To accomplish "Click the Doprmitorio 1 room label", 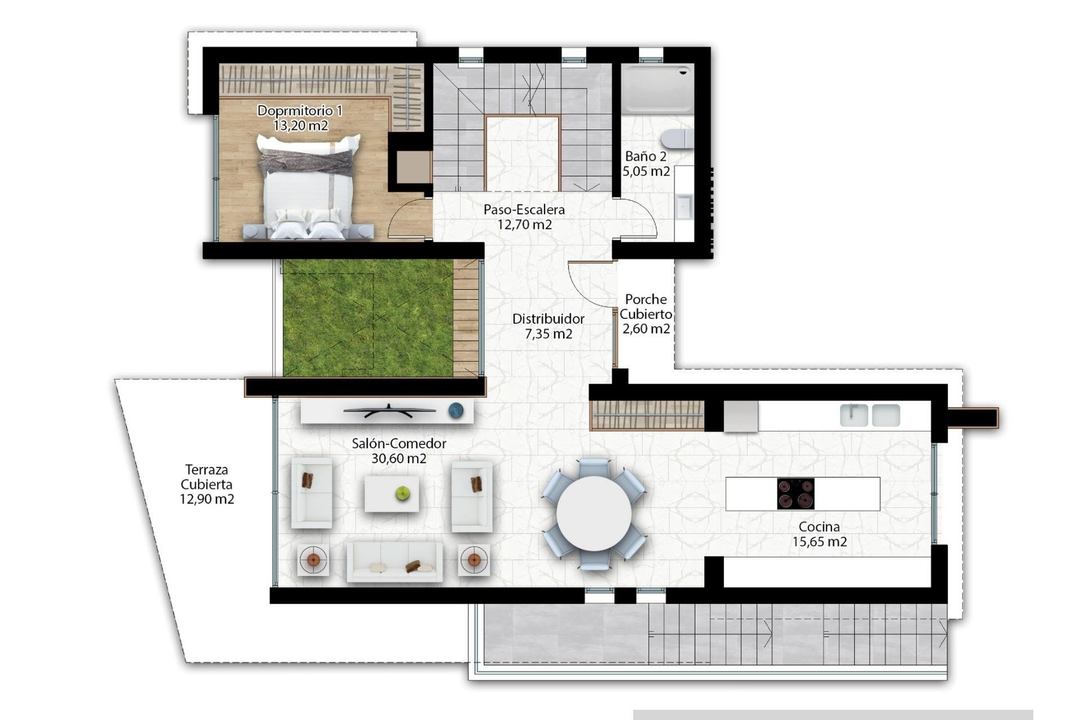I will coord(299,111).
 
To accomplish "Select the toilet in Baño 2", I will coord(678,138).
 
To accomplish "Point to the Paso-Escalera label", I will coord(524,210).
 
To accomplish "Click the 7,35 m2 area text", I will coord(548,334).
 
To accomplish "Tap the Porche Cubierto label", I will coord(646,307).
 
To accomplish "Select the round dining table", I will coord(593,513).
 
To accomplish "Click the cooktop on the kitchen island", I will coord(795,494).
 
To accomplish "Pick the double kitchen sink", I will coord(870,415).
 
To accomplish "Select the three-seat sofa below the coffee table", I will coord(394,561).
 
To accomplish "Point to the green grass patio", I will coord(367,318).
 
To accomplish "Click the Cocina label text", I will coord(819,527).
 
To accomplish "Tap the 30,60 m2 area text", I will coord(398,458).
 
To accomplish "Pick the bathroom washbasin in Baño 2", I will coord(684,206).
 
